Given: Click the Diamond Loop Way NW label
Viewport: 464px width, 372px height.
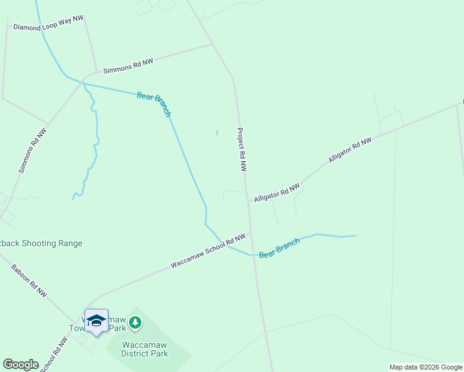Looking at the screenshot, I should click(x=48, y=24).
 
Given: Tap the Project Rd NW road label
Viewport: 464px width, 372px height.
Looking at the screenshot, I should click(x=241, y=149).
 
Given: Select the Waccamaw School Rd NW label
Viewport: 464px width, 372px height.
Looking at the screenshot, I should click(x=208, y=251).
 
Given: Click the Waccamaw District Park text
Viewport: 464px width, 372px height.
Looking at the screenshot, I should click(x=145, y=348).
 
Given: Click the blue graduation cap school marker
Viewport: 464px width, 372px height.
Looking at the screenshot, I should click(x=96, y=321).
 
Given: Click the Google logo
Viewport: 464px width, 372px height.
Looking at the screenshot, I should click(x=20, y=364).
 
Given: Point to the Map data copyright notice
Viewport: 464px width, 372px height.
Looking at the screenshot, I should click(x=426, y=367).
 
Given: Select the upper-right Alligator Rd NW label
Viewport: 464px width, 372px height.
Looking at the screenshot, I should click(x=350, y=150).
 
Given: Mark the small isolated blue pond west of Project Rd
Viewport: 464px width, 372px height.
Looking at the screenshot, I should click(x=216, y=133).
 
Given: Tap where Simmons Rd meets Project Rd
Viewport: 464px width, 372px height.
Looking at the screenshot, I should click(x=213, y=45).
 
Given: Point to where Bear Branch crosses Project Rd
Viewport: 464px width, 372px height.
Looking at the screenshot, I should click(x=252, y=255).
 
